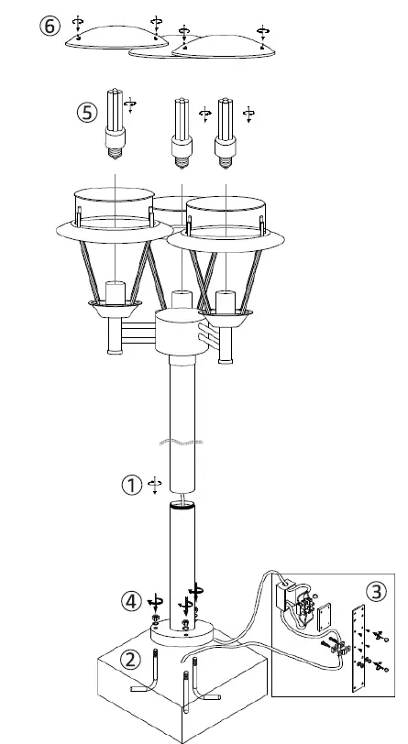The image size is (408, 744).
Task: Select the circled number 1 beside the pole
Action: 132,485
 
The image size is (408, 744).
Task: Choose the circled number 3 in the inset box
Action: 375,588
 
